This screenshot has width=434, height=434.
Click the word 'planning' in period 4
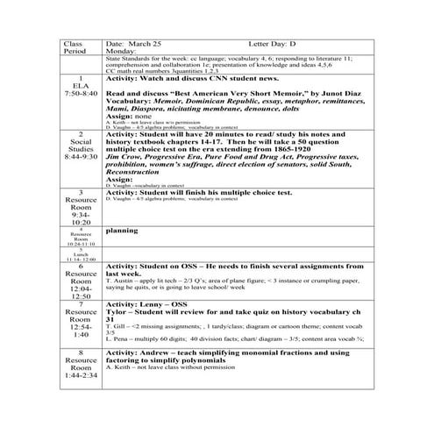coord(121,231)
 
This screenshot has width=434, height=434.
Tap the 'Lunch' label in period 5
coord(82,253)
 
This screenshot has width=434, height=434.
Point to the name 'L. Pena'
coord(117,337)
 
